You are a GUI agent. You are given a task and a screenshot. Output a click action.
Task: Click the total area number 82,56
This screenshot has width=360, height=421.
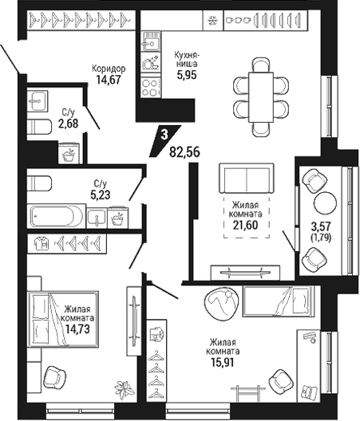pos(184,152)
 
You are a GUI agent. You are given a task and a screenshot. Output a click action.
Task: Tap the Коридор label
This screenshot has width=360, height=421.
pos(109,69)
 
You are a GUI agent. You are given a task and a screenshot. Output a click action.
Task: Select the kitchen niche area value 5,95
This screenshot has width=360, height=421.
pos(187,75)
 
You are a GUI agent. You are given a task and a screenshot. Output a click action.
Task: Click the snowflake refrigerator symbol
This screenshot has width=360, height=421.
pos(213,20)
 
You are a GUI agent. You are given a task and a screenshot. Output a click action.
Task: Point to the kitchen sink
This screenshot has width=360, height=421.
pos(151,41)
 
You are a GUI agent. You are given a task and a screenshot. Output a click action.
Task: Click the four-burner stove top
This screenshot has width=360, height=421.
pos(151,88)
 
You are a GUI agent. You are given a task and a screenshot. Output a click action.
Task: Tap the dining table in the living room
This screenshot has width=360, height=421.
pos(261,97)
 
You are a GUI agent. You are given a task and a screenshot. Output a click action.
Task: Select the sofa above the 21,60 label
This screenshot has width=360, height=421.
pos(247,179)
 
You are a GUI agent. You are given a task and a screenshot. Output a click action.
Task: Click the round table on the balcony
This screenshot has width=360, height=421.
pos(325,203)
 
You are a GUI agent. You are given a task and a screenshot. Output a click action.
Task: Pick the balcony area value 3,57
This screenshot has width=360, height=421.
pos(321,226)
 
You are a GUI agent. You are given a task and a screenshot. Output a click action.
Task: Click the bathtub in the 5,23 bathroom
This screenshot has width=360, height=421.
pos(57,216)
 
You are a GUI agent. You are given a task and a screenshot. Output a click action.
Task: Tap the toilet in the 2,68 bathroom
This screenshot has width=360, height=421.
pos(40,127)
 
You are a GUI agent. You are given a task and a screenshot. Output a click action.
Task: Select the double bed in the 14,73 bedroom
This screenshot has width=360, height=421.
pos(63,319)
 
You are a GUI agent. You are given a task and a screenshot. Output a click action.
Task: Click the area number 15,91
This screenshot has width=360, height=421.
pos(223,363)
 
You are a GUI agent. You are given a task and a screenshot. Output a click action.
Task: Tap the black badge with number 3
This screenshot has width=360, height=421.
pos(164,140)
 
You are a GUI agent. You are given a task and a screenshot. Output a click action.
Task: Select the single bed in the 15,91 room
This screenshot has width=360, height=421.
pos(279,301)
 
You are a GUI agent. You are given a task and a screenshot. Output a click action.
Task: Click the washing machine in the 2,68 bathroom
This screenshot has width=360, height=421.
pos(69,153)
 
